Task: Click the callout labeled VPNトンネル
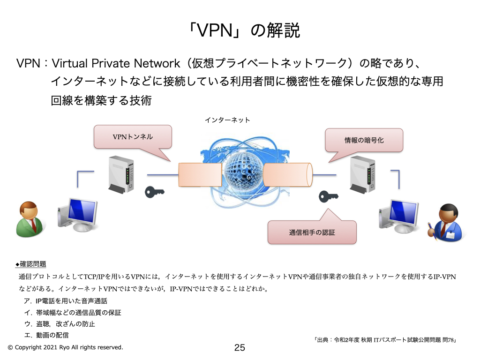(x=133, y=137)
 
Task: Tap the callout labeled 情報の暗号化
(x=364, y=140)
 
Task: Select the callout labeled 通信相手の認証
(x=312, y=232)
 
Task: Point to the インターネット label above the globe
(x=227, y=120)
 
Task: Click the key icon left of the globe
(x=155, y=192)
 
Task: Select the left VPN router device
(x=121, y=174)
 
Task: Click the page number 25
(x=240, y=348)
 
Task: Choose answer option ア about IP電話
(x=68, y=301)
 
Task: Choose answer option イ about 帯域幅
(x=75, y=312)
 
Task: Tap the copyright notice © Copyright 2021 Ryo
(x=65, y=347)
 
